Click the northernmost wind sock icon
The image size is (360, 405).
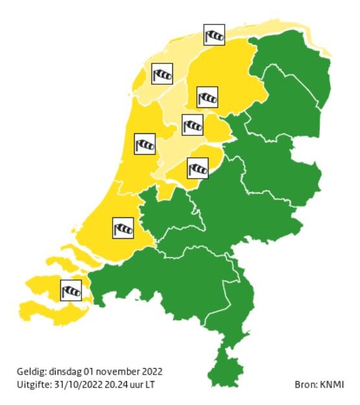click(214, 35)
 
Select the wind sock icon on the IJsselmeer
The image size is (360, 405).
click(192, 124)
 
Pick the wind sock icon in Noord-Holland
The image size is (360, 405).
click(144, 144)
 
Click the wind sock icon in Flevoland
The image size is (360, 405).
click(197, 168)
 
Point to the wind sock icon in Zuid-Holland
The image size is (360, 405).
click(123, 227)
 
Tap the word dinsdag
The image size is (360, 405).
click(65, 372)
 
